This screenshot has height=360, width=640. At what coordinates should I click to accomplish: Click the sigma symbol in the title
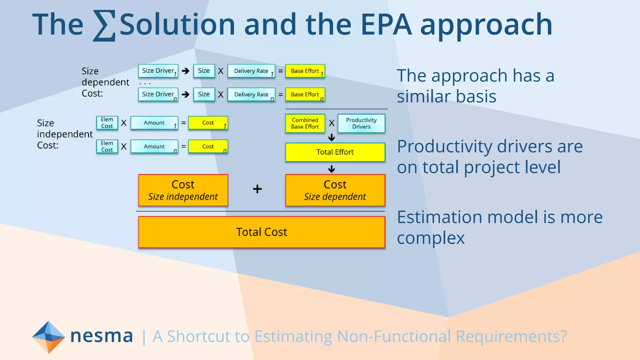[x=104, y=26]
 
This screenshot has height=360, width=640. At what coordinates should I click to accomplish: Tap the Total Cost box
[x=262, y=232]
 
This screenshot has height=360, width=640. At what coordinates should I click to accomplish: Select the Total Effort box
[x=335, y=152]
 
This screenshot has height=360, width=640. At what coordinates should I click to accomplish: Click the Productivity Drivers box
[x=361, y=123]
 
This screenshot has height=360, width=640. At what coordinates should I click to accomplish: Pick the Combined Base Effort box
[x=305, y=123]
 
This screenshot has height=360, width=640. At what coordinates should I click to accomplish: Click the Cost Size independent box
[x=183, y=190]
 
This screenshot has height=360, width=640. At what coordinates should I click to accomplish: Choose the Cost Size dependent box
[x=335, y=190]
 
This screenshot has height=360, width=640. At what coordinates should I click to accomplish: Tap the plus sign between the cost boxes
[x=257, y=189]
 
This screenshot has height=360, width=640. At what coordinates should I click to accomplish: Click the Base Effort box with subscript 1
[x=305, y=71]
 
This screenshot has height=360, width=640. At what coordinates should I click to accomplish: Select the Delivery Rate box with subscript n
[x=251, y=95]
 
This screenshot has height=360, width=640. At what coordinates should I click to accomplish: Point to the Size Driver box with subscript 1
[x=158, y=71]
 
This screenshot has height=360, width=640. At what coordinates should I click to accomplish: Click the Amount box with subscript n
[x=154, y=147]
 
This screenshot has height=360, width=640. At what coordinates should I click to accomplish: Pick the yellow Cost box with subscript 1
[x=208, y=123]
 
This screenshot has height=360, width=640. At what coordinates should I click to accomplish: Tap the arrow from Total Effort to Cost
[x=332, y=169]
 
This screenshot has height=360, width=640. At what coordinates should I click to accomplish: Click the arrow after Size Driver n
[x=186, y=94]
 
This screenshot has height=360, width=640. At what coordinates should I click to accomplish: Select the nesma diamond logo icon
[x=48, y=337]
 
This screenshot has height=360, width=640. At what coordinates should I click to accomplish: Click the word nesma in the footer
[x=102, y=336]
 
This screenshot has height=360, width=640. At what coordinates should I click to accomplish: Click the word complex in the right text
[x=431, y=238]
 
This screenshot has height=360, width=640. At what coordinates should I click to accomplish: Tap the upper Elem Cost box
[x=107, y=123]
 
